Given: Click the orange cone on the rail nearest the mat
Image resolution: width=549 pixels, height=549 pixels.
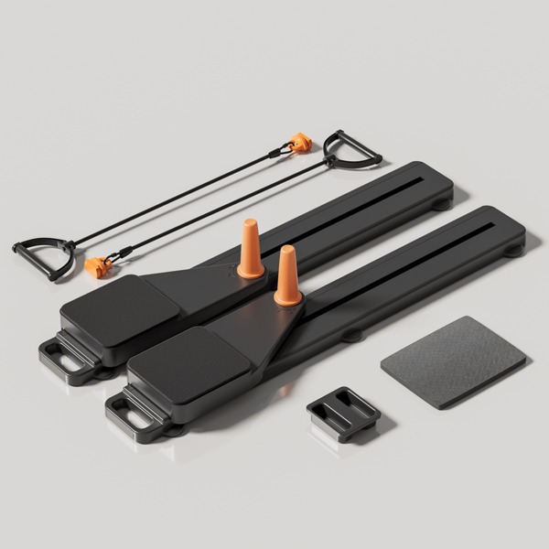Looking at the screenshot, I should click(288, 276).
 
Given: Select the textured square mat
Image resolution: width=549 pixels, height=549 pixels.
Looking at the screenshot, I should click(453, 361).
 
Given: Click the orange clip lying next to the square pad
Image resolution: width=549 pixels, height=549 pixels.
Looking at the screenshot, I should click(98, 266).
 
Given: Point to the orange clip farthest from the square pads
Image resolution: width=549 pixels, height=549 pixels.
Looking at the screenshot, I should click(299, 143).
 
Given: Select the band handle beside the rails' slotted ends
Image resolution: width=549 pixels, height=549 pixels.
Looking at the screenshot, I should click(352, 150).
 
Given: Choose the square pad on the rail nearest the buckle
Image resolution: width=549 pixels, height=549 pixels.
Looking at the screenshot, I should click(187, 361).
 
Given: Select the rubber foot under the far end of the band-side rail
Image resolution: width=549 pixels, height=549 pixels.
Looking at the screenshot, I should click(442, 203).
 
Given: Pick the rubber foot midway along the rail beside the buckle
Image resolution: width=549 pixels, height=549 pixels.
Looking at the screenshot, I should click(352, 335).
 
